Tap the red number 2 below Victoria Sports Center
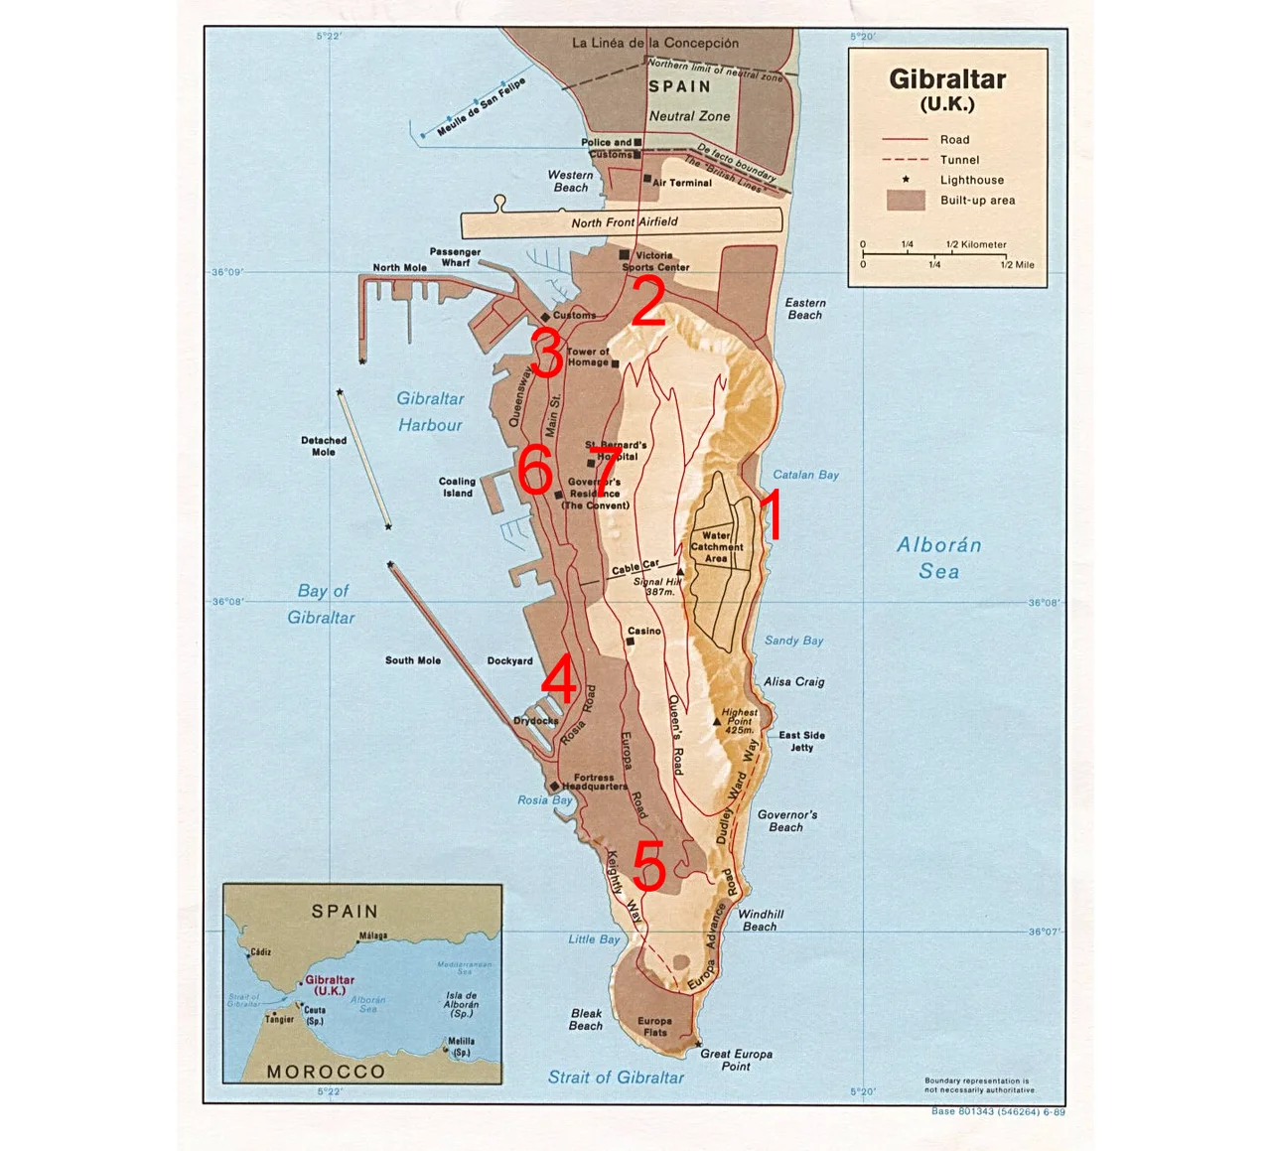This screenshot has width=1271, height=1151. point(646,302)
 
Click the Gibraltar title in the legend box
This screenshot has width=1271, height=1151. point(947,79)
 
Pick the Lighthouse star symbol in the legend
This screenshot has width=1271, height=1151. point(905,180)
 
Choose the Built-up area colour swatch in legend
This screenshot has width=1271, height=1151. point(905,201)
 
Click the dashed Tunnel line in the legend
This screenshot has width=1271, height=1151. point(905,160)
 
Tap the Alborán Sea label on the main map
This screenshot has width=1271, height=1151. point(938,557)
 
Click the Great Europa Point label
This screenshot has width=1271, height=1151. point(736,1060)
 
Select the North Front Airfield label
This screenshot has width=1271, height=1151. point(624,222)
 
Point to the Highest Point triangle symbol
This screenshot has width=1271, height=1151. point(717,722)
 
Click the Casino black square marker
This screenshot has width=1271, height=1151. point(631,642)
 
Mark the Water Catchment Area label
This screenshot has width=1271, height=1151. point(716,547)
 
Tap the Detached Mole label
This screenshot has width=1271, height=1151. point(324,446)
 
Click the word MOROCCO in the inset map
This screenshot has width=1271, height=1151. point(326,1072)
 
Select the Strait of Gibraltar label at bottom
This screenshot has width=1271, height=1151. point(616,1078)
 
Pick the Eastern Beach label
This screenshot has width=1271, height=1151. point(804,309)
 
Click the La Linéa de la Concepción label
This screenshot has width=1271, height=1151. point(655,43)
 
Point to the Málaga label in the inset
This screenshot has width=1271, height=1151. point(373,935)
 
